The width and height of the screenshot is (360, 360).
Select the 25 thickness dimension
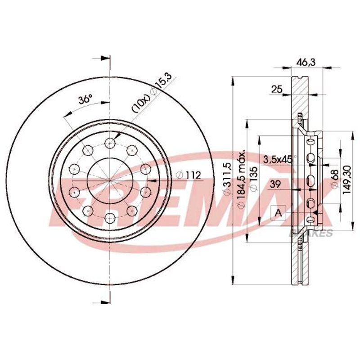(276, 89)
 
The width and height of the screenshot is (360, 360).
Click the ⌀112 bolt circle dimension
(189, 175)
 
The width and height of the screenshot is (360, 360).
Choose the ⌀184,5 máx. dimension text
(242, 179)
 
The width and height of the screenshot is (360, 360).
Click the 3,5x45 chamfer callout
(278, 159)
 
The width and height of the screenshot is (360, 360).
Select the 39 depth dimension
(275, 184)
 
